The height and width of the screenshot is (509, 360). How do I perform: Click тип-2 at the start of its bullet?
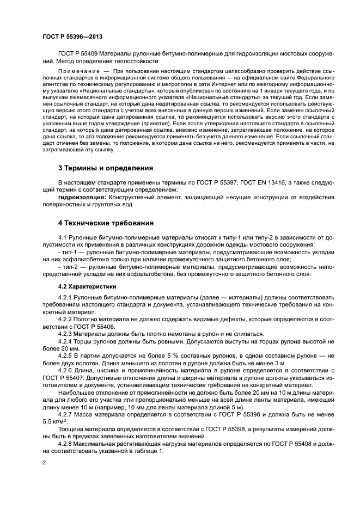tap(66, 267)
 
